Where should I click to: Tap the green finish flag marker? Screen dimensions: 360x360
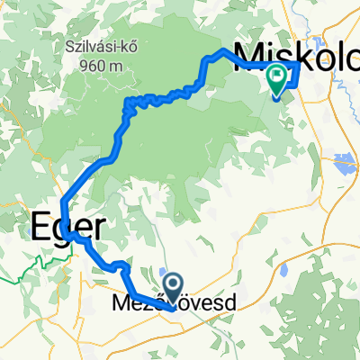point(277,81)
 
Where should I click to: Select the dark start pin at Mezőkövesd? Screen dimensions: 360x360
point(171,291)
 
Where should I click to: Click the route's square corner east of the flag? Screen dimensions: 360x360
point(298,66)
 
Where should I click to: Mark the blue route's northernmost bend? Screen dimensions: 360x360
point(224,49)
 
